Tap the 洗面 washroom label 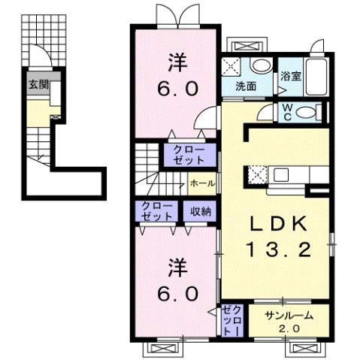tap(246, 86)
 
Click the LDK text tap(278, 224)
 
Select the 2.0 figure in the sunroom tap(289, 329)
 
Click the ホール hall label tap(202, 183)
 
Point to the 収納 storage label tap(199, 211)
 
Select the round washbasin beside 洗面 tap(260, 65)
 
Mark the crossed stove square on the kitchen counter tap(256, 176)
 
